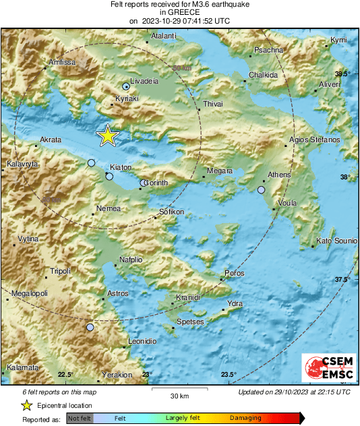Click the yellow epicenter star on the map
(x=107, y=136)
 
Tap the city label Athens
(x=279, y=175)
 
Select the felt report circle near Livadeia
(x=125, y=87)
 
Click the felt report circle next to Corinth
(x=142, y=183)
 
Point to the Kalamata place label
(x=22, y=368)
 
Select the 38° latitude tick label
(x=344, y=177)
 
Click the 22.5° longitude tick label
(x=65, y=375)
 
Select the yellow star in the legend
(x=26, y=406)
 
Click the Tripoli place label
(x=60, y=272)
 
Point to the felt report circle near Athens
(x=261, y=190)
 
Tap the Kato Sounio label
(x=336, y=241)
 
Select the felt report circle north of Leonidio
(x=90, y=328)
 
